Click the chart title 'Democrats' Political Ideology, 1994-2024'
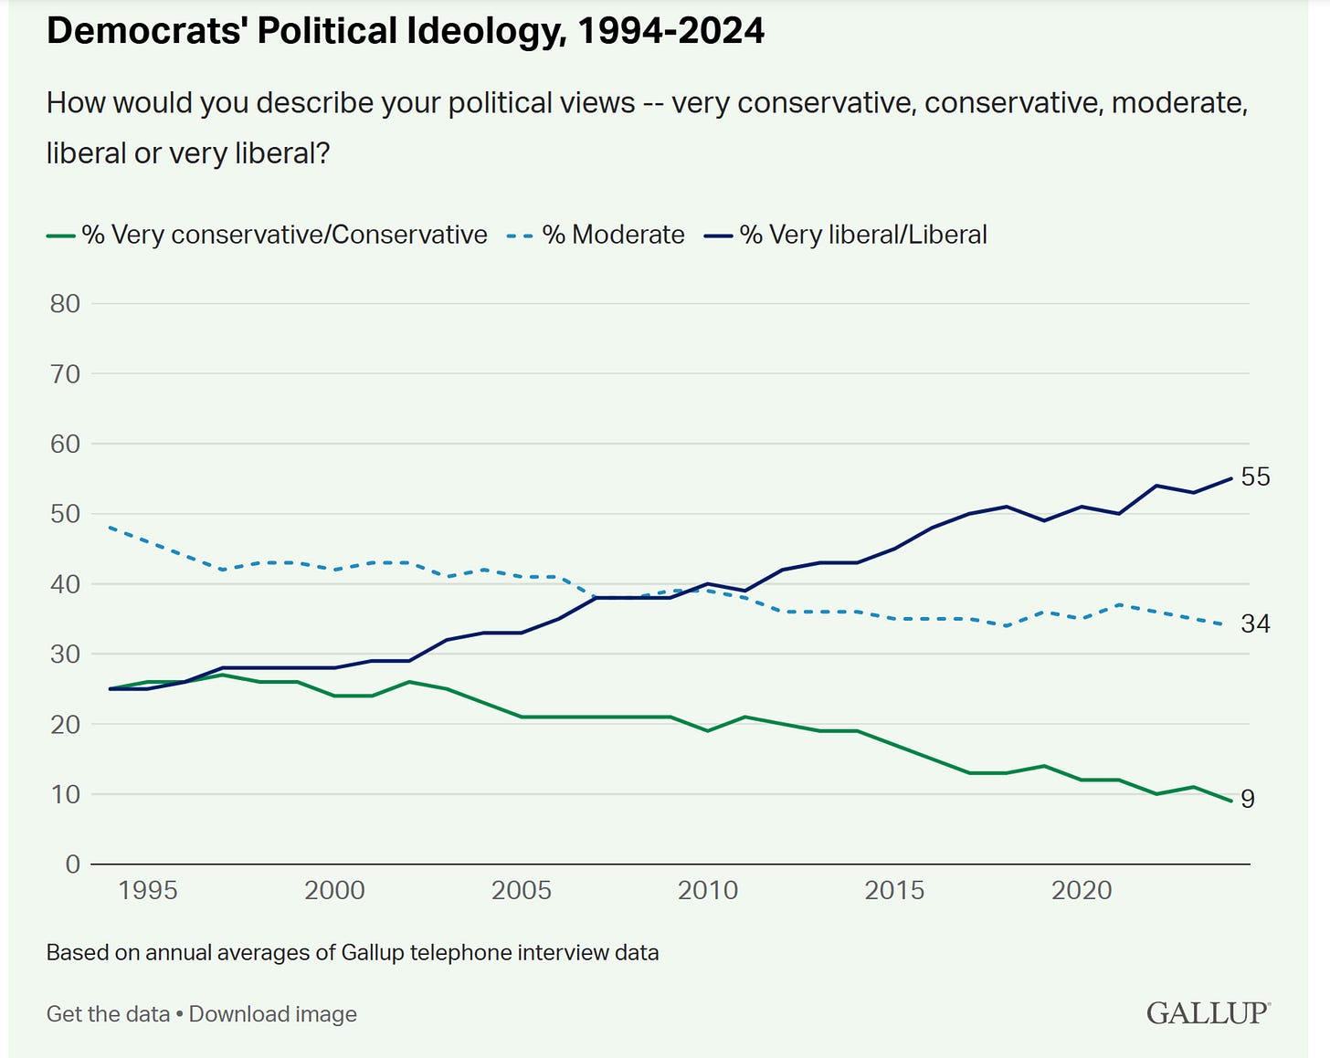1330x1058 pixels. pyautogui.click(x=405, y=31)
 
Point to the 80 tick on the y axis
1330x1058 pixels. pyautogui.click(x=65, y=304)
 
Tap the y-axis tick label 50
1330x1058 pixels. pyautogui.click(x=65, y=514)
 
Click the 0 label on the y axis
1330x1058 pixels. pyautogui.click(x=73, y=864)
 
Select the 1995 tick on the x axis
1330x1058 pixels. pyautogui.click(x=148, y=890)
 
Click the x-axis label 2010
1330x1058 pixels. pyautogui.click(x=708, y=890)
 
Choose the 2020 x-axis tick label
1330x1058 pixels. pyautogui.click(x=1082, y=890)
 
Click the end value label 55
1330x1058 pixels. pyautogui.click(x=1255, y=477)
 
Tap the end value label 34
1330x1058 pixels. pyautogui.click(x=1255, y=623)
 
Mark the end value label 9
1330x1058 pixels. pyautogui.click(x=1248, y=799)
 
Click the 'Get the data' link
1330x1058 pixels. pyautogui.click(x=108, y=1014)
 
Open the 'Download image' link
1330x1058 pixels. pyautogui.click(x=273, y=1014)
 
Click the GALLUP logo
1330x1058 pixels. pyautogui.click(x=1208, y=1013)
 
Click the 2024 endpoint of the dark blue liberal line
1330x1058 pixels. pyautogui.click(x=1231, y=478)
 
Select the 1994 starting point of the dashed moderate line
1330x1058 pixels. pyautogui.click(x=110, y=528)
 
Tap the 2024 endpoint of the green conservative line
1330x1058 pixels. pyautogui.click(x=1231, y=801)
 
